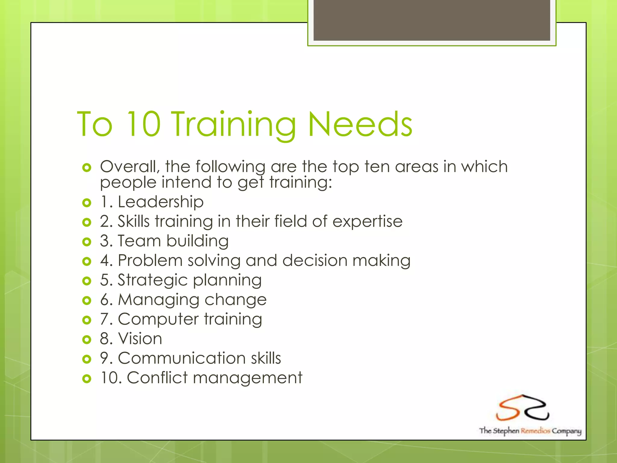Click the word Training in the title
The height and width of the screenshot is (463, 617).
point(234,124)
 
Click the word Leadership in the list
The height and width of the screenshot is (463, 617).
point(161,202)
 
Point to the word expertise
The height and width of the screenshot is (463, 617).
point(367,222)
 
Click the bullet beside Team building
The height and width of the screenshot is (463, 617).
point(86,241)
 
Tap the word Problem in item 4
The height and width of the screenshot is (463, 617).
point(150,260)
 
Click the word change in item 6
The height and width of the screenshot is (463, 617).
point(236,300)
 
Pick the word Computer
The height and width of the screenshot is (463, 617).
point(158,319)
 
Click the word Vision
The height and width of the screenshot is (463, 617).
point(140,339)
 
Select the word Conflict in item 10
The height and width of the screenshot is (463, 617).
point(157,378)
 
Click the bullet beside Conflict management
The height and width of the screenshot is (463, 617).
point(86,378)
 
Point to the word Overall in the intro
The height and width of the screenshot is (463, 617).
point(130,167)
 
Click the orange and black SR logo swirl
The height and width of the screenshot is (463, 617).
point(523,408)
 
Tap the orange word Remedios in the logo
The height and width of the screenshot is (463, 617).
point(535,431)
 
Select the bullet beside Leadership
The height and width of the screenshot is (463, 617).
point(86,203)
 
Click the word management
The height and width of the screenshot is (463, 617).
point(248,378)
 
